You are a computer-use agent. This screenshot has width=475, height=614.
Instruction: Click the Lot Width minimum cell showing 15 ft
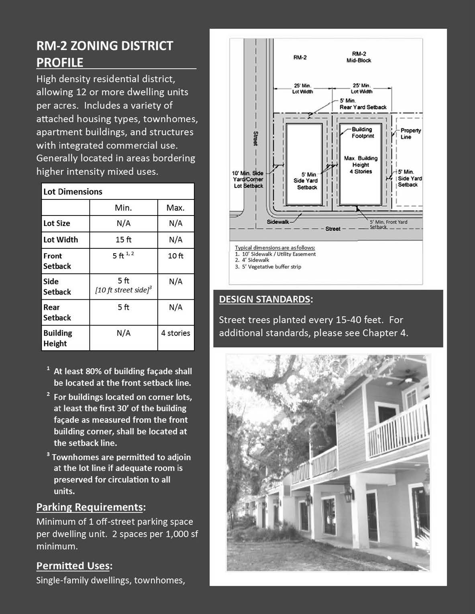(123, 240)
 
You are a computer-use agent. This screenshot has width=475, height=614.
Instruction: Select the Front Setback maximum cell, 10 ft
(175, 256)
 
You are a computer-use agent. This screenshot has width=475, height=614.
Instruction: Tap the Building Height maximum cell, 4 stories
(175, 333)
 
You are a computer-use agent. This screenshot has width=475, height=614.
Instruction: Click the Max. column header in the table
(175, 208)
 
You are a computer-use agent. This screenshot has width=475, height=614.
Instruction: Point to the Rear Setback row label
(57, 312)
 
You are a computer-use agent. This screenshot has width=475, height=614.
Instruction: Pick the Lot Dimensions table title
(73, 191)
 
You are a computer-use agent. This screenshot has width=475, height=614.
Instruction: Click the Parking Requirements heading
(90, 507)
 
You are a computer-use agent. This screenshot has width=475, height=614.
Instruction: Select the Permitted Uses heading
(73, 566)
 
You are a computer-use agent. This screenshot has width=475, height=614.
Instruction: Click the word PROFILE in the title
(60, 63)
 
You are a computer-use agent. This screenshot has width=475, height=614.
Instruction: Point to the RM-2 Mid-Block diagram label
(359, 57)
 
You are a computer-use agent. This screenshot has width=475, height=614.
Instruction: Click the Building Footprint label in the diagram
(363, 132)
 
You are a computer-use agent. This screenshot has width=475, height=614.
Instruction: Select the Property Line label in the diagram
(410, 134)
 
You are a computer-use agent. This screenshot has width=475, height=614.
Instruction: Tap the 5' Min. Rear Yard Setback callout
(363, 104)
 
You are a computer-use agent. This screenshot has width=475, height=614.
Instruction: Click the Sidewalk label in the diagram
(278, 222)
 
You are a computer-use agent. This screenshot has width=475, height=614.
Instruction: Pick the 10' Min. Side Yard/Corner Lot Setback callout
(248, 179)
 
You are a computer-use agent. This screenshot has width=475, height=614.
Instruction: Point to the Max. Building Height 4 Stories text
(361, 165)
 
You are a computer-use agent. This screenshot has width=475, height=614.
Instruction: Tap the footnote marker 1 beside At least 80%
(48, 368)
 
